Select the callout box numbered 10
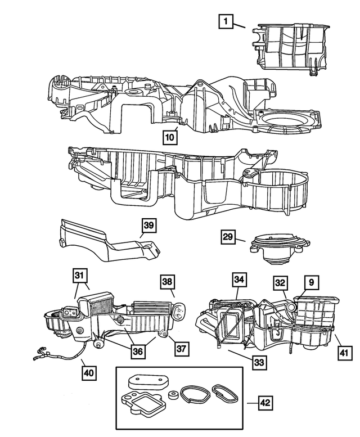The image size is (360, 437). [x=170, y=136]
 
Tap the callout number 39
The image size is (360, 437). [x=147, y=226]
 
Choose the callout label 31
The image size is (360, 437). [x=80, y=276]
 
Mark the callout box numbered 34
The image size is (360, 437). [x=239, y=280]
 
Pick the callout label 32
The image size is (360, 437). [x=281, y=283]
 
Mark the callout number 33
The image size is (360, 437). [x=259, y=362]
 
